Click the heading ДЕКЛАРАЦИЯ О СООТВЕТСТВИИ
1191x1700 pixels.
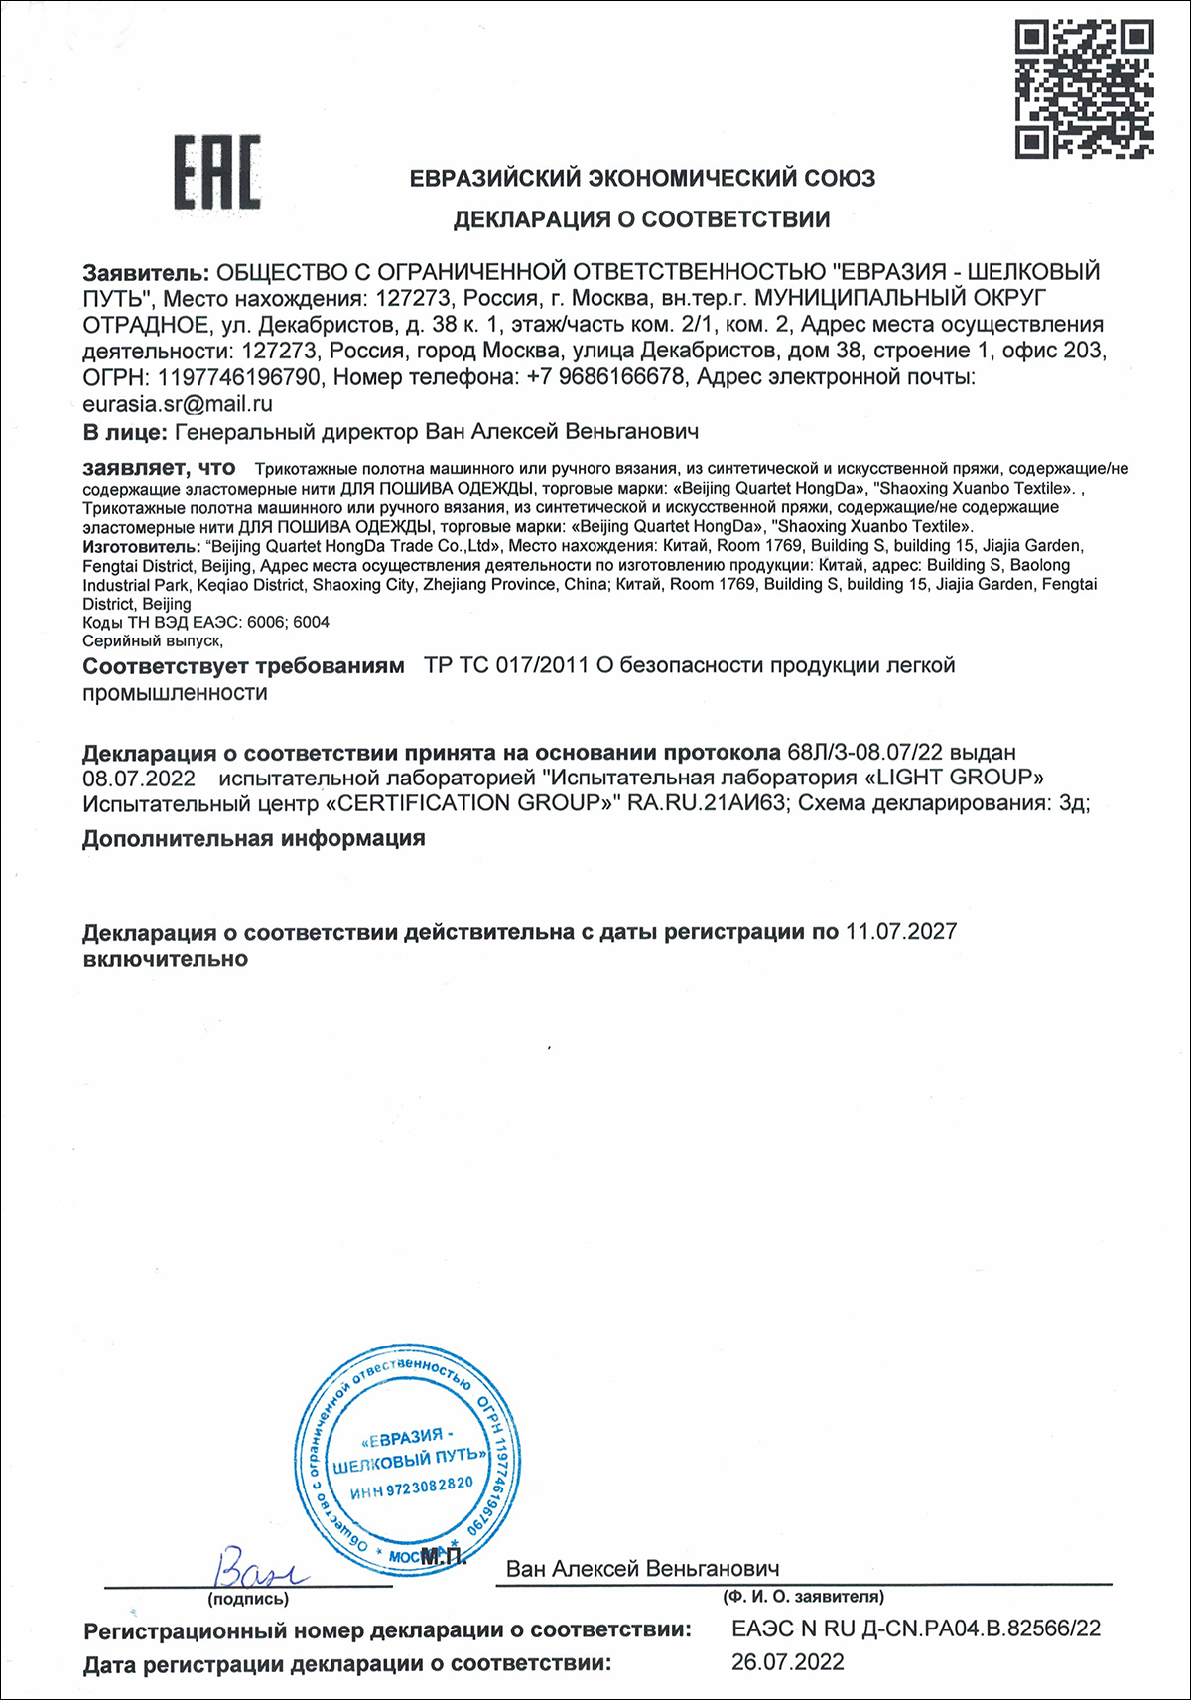click(641, 219)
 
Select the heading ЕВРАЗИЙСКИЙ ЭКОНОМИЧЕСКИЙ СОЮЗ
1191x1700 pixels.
click(642, 179)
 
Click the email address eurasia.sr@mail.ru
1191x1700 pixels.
click(178, 404)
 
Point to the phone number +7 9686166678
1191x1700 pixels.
click(605, 377)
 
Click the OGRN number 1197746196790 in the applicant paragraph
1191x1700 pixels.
click(239, 377)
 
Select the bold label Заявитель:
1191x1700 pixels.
click(146, 272)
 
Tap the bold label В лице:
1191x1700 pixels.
click(124, 431)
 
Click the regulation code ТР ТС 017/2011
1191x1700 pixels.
click(506, 665)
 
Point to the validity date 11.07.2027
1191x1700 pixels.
click(901, 932)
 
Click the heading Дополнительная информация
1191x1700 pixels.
click(254, 838)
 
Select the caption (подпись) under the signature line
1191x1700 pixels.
click(248, 1599)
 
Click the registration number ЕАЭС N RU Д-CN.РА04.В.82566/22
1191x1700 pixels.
click(916, 1629)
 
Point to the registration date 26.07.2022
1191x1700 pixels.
click(788, 1662)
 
